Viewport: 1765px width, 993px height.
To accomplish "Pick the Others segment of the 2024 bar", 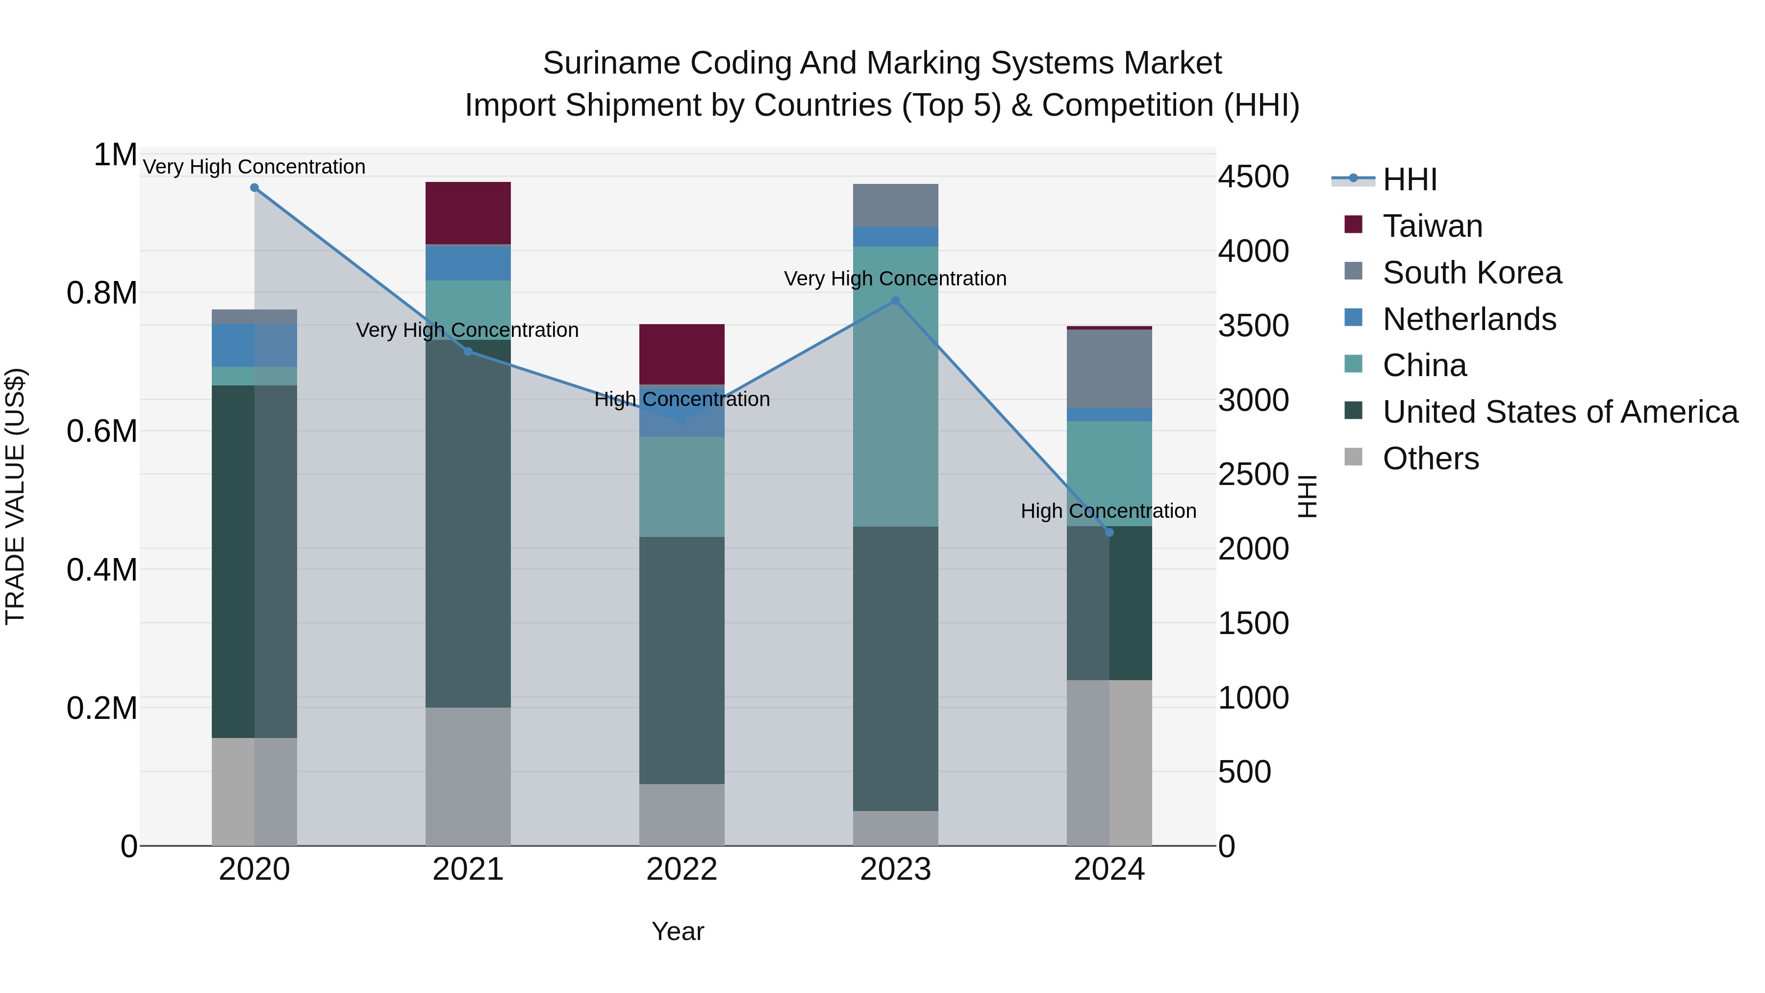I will pos(1109,762).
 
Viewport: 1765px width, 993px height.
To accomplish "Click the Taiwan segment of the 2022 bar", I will pos(682,354).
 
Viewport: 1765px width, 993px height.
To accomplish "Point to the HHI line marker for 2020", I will pos(254,188).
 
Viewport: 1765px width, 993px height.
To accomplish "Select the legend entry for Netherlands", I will pos(1469,319).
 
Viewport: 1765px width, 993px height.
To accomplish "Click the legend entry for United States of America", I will pos(1560,412).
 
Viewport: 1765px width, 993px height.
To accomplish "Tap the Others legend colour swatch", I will pos(1353,457).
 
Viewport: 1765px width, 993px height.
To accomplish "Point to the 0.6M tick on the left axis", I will pos(101,432).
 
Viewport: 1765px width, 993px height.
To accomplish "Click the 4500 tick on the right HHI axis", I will pos(1253,177).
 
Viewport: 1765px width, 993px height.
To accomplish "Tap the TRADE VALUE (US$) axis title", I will pos(15,496).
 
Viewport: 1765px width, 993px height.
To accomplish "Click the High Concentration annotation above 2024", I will pos(1108,511).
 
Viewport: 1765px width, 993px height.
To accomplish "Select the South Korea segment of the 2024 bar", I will pos(1109,369).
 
